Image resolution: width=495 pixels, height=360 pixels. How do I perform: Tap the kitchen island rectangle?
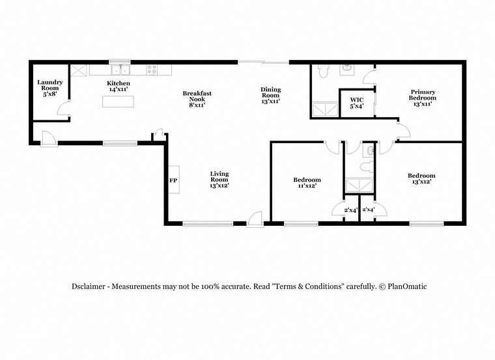(118, 102)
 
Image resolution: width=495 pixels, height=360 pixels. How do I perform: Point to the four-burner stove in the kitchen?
(152, 69)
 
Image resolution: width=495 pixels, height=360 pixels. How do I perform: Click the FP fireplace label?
(173, 180)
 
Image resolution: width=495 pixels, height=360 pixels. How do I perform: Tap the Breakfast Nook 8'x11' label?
(197, 98)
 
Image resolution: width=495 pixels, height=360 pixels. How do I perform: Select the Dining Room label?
(271, 95)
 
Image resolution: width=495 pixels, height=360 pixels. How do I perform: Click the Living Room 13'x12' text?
(219, 179)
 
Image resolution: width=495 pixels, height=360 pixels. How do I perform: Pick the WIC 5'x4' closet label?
(356, 103)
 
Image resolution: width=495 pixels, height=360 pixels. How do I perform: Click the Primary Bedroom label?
(423, 98)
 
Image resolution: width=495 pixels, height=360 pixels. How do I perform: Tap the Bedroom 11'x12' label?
(306, 183)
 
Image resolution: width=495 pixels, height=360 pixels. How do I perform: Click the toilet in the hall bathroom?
(369, 151)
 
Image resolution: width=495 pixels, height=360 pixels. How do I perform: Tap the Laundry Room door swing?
(63, 113)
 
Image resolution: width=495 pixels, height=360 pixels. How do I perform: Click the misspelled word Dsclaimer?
(90, 286)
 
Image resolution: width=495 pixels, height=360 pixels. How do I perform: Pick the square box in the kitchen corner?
(79, 70)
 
